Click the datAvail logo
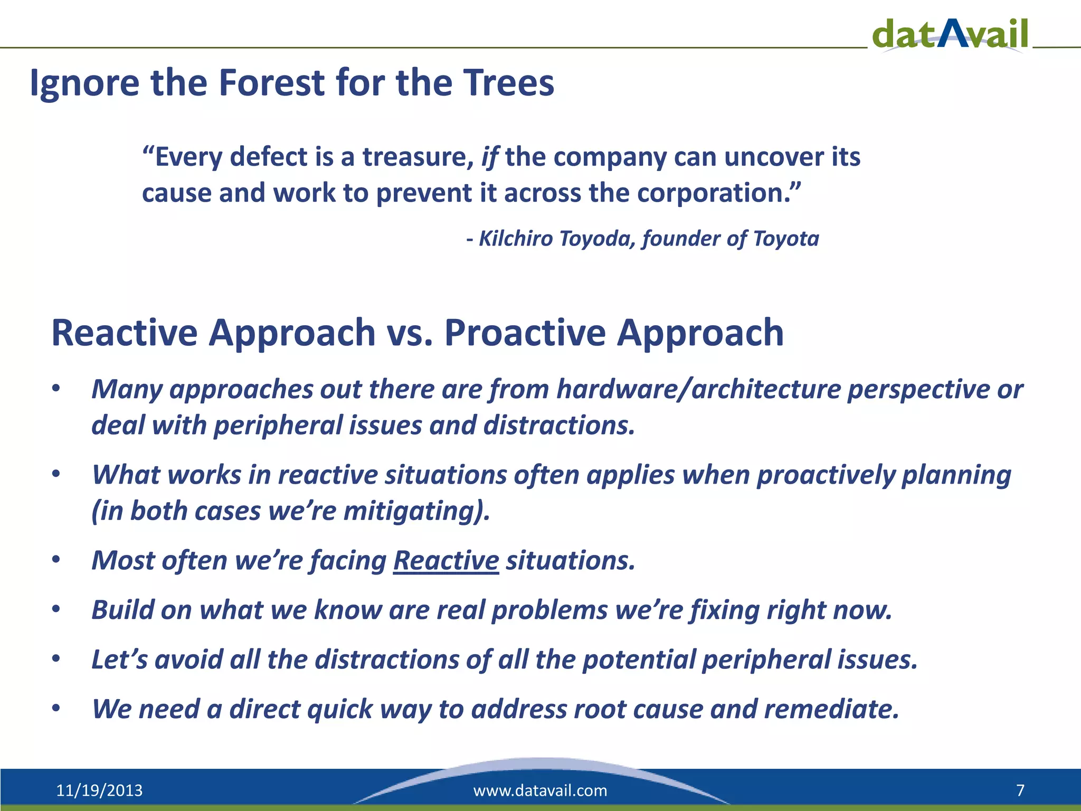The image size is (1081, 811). [x=950, y=34]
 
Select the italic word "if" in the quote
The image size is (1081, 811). [x=489, y=158]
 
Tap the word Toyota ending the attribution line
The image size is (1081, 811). [x=786, y=239]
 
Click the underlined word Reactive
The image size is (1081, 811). [x=446, y=561]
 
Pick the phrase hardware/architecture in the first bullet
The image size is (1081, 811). [x=699, y=390]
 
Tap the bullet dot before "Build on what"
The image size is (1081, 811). [x=56, y=610]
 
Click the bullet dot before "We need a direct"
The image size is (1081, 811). [x=56, y=709]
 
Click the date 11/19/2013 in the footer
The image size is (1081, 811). [x=99, y=790]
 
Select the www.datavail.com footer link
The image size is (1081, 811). [x=540, y=790]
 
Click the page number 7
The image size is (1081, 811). [x=1020, y=790]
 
